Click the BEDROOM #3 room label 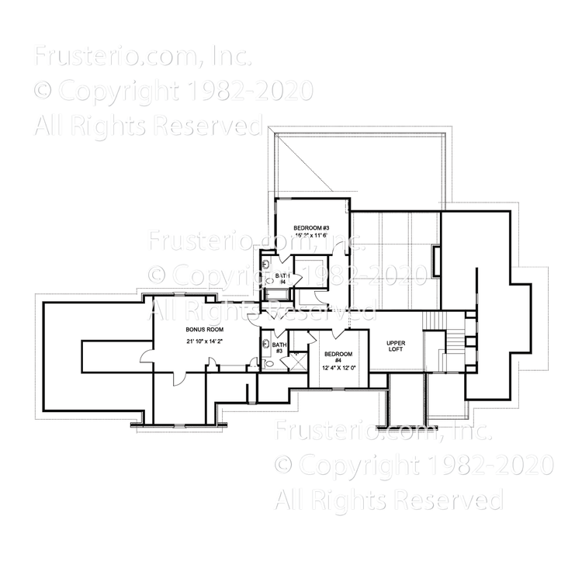point(311,227)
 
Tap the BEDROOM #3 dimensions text point(311,235)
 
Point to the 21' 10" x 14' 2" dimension point(204,341)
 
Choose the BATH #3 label point(279,347)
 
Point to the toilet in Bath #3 point(268,362)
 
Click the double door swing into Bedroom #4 point(336,334)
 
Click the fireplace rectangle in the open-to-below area point(436,260)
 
